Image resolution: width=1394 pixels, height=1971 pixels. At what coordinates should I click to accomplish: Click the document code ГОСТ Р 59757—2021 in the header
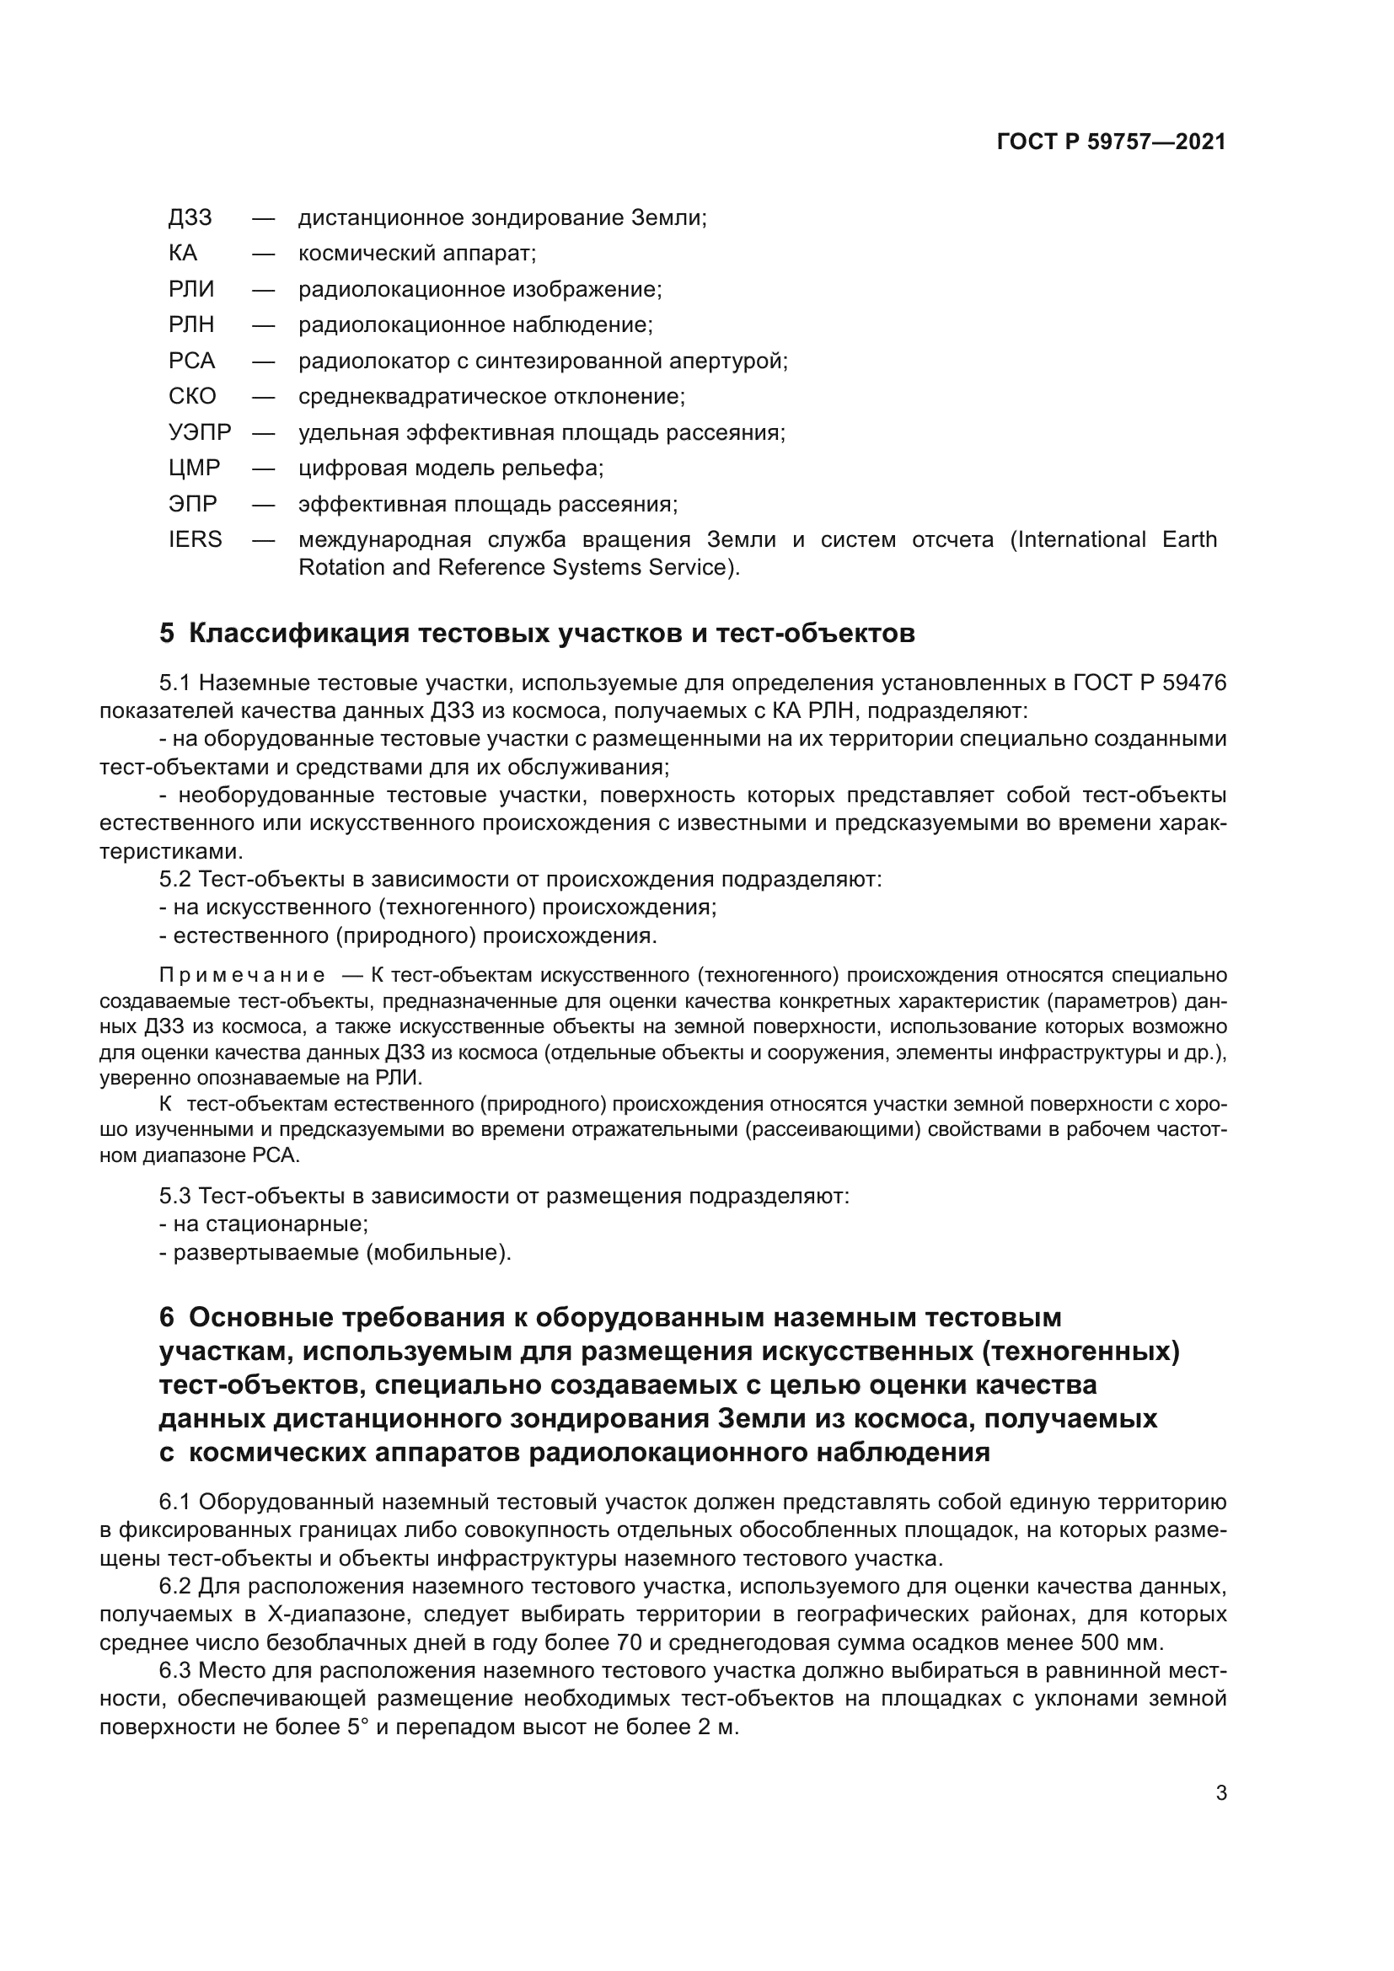(x=1111, y=142)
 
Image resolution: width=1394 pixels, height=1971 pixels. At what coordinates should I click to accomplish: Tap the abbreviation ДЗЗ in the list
(x=190, y=218)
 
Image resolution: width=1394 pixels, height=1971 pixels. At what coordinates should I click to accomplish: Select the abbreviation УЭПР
(x=200, y=432)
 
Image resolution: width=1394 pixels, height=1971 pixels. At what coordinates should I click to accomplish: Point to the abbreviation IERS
(x=195, y=540)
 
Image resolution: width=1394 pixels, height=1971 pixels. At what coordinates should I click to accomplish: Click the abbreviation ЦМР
(x=194, y=469)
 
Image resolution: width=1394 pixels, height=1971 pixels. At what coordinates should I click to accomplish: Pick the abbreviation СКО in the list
(x=192, y=397)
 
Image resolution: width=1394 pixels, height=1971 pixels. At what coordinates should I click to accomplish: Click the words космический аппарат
(x=416, y=254)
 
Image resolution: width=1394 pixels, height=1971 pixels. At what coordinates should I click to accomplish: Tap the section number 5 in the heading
(x=167, y=634)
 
